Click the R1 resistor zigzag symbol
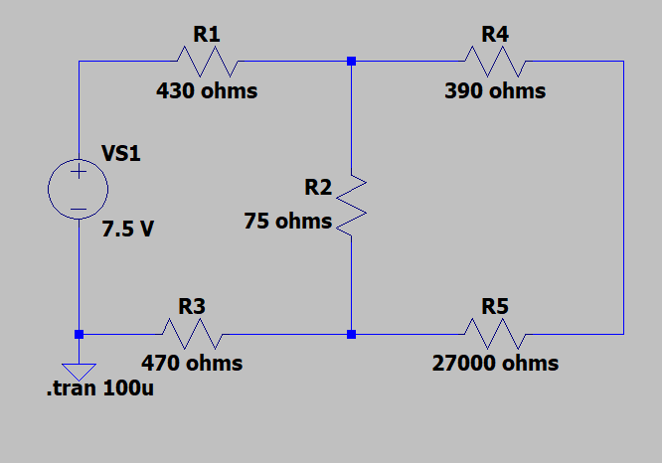click(x=208, y=62)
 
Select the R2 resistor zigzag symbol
click(x=351, y=206)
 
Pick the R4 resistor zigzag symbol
click(x=495, y=62)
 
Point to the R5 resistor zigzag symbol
click(x=495, y=334)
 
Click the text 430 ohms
click(x=207, y=91)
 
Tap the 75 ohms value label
click(x=288, y=222)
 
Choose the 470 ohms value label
click(x=192, y=364)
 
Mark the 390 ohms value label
click(x=495, y=91)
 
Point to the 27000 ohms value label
click(x=495, y=364)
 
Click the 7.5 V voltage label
click(x=128, y=230)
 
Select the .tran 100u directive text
click(x=100, y=388)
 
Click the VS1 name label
click(x=121, y=154)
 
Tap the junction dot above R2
click(x=351, y=62)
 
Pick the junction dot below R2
click(x=351, y=334)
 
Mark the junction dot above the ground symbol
click(x=79, y=334)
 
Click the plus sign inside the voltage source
click(x=79, y=173)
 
